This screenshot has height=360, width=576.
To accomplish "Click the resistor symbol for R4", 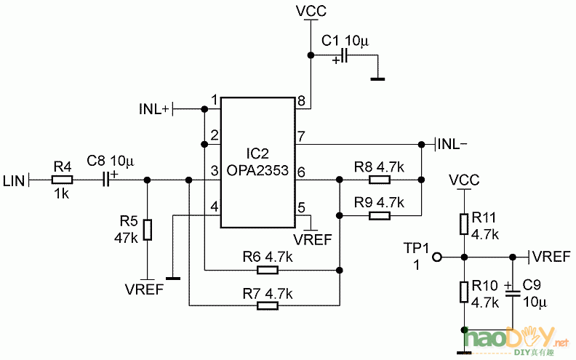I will click(62, 180).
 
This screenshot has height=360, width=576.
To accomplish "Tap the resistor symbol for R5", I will click(148, 229).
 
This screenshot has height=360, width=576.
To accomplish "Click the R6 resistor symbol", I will click(268, 271).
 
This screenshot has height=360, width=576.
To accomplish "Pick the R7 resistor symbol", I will click(268, 306).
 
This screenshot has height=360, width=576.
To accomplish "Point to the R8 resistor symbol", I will click(380, 180).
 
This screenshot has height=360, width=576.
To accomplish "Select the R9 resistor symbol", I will click(380, 215).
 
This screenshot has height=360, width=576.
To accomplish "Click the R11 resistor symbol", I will click(463, 223).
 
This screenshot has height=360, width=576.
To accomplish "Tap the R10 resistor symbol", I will click(463, 292).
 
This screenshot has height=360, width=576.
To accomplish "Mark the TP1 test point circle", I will click(437, 257).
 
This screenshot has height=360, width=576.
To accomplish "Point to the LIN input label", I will click(14, 180).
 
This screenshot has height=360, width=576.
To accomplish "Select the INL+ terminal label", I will click(153, 109).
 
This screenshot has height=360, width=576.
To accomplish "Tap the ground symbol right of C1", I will click(377, 77).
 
